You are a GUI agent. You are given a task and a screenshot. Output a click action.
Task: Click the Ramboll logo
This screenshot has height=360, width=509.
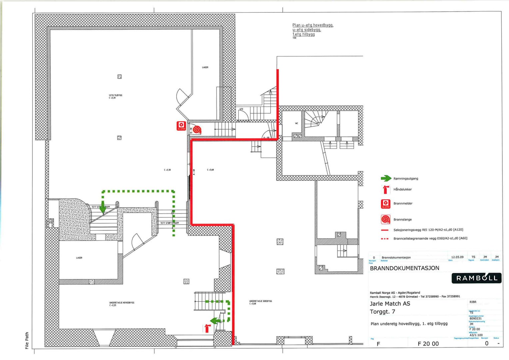(x=476, y=278)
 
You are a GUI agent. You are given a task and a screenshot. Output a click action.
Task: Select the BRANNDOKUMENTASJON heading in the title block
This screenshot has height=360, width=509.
(x=404, y=268)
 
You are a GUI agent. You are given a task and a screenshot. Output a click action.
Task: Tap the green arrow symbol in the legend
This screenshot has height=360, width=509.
(x=386, y=178)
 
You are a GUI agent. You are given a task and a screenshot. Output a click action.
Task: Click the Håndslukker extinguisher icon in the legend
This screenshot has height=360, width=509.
(x=386, y=189)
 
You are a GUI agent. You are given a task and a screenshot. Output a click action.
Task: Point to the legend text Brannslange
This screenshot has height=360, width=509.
(x=402, y=219)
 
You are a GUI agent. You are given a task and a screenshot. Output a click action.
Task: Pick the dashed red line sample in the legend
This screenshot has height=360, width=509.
(x=385, y=239)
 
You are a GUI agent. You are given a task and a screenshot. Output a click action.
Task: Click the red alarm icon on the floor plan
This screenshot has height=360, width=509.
(x=181, y=126)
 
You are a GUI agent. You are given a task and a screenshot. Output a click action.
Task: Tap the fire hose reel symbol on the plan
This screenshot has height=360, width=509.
(x=197, y=129)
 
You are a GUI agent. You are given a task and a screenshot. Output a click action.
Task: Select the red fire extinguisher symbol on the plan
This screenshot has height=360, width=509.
(x=207, y=328)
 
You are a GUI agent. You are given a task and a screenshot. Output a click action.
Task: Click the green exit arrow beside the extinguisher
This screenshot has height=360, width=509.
(x=216, y=321)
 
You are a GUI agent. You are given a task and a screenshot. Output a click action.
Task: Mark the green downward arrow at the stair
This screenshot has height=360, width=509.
(x=103, y=208)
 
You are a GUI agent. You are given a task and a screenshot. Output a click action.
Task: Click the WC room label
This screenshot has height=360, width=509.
(x=296, y=123)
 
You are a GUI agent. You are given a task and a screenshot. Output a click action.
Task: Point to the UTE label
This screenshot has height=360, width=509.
(x=241, y=109)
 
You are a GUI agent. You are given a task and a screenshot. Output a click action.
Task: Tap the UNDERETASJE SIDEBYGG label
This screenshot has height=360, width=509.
(x=260, y=302)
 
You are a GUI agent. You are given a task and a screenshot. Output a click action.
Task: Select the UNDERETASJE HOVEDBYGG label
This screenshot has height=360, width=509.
(x=122, y=303)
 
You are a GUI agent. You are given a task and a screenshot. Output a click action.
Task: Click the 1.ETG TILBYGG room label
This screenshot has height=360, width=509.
(x=115, y=96)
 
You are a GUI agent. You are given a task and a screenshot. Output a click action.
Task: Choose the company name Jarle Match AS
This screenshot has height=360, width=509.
(x=390, y=304)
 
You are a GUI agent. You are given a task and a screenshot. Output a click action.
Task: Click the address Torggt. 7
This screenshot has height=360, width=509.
(x=382, y=312)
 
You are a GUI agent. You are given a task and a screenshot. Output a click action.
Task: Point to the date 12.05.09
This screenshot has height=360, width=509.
(x=457, y=257)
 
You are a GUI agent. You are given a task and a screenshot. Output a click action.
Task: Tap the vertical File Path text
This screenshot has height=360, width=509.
(x=27, y=340)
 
